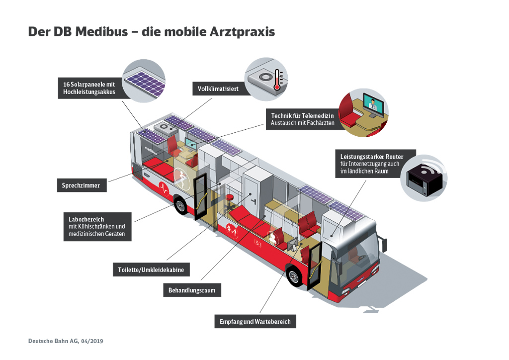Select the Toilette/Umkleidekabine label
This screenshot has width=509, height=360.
pos(151,270)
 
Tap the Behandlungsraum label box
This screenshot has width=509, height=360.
pos(192,290)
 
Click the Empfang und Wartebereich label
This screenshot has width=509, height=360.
pos(255,321)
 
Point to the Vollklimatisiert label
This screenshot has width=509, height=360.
pos(218,89)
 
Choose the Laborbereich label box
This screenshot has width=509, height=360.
pos(97,227)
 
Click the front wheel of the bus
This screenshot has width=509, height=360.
pos(294,275)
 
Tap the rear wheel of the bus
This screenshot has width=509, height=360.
pos(180,204)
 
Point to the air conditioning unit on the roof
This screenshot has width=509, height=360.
pos(166,127)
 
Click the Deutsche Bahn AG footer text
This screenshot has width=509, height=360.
pos(66,341)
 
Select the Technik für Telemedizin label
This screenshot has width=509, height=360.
pos(302,119)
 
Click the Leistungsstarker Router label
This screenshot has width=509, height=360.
pos(372,164)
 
